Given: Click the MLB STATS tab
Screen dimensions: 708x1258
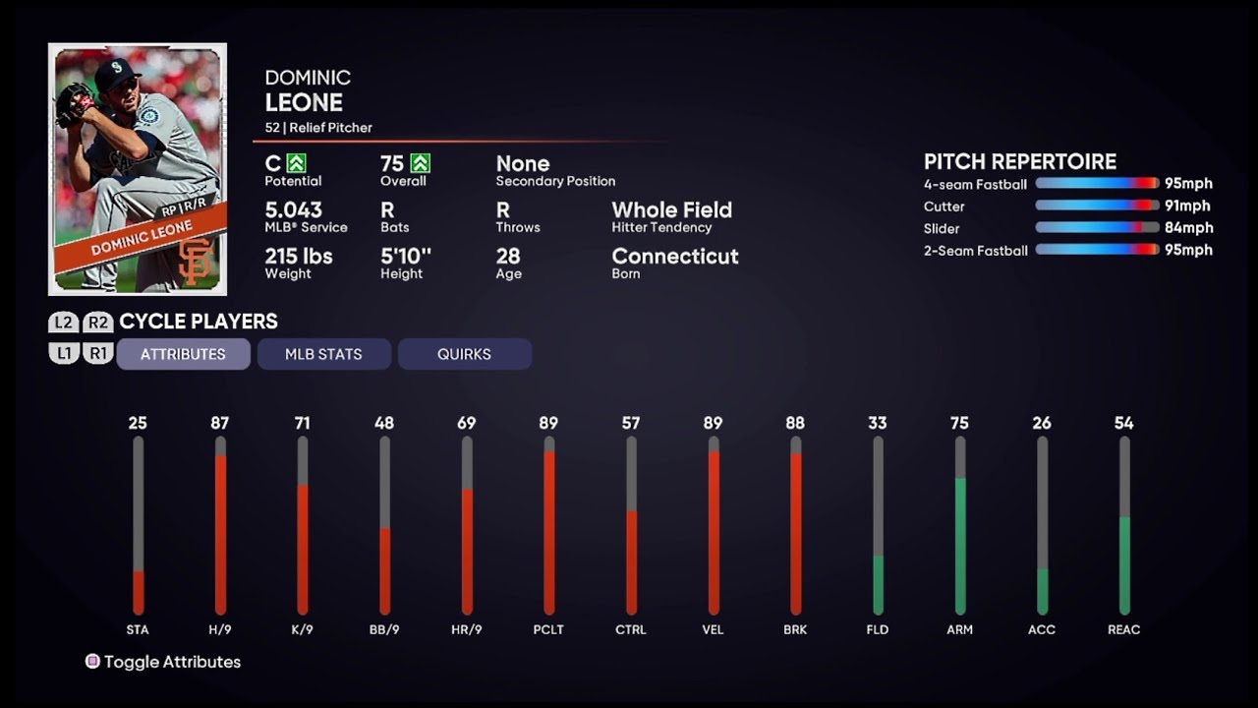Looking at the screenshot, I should tap(323, 354).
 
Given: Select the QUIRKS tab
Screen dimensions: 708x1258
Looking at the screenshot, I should tap(464, 354).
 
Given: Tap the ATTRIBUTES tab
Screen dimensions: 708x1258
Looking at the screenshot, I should tap(183, 354).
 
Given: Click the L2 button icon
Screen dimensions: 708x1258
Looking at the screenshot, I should tap(64, 322).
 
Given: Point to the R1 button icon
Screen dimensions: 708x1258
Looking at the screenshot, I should tap(97, 353).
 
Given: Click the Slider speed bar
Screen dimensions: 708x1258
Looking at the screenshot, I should tap(1097, 228).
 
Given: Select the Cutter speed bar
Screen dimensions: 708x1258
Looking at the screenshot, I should tap(1097, 206).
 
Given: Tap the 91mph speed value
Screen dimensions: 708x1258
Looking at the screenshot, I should tap(1188, 206).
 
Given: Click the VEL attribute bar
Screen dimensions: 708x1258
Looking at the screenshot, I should tap(714, 526).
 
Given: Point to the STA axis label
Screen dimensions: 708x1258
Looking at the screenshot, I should tap(138, 629).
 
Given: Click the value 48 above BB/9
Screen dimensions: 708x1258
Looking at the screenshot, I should tap(384, 423).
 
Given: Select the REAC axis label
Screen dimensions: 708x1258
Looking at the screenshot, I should tap(1124, 629).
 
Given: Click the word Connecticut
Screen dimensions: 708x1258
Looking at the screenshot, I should tap(675, 256).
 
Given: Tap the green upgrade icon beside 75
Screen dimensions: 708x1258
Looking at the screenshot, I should tap(421, 163).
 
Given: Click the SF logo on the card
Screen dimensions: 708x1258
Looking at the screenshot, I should tap(196, 261).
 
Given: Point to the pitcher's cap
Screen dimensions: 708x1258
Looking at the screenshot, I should tap(116, 73).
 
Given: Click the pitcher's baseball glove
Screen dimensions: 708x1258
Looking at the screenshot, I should tap(74, 102).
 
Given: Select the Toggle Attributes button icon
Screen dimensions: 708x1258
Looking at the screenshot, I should tap(92, 662).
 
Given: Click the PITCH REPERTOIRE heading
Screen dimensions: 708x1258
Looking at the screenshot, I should tap(1020, 161).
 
